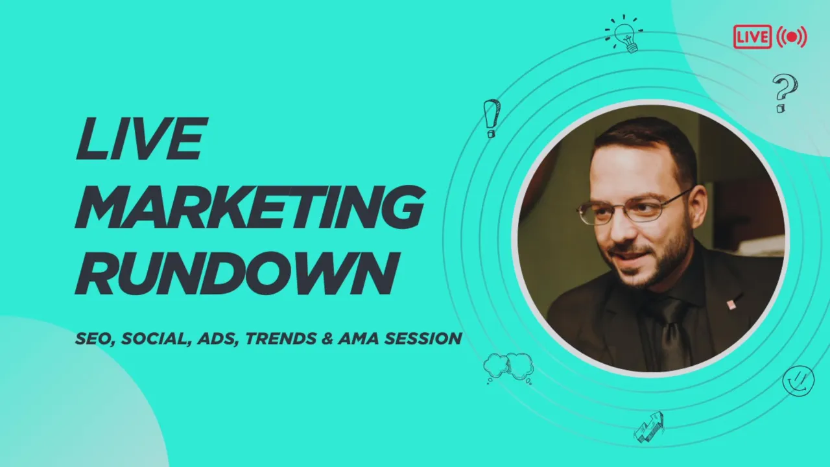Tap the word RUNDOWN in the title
click(x=237, y=274)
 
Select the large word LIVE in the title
click(x=141, y=138)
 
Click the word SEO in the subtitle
click(x=95, y=339)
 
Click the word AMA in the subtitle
click(x=358, y=339)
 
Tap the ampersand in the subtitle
click(x=327, y=339)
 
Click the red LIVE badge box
click(x=753, y=37)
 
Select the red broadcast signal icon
click(x=792, y=37)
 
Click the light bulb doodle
click(x=624, y=33)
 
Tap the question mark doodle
click(x=785, y=93)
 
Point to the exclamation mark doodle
click(x=492, y=118)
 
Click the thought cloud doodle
click(x=508, y=368)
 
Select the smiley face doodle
click(x=798, y=381)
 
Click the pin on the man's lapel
click(x=731, y=305)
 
